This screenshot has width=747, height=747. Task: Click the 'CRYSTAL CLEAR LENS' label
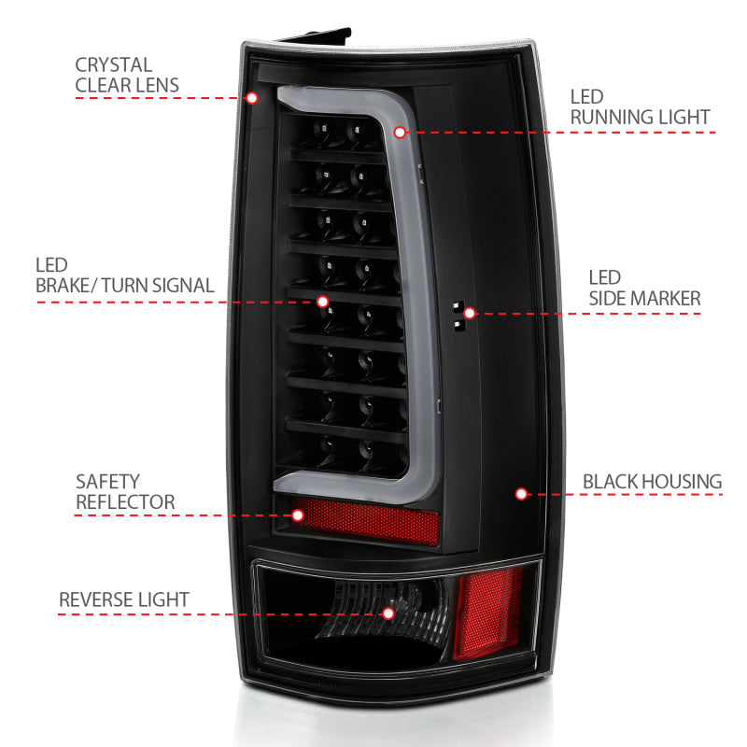[x=126, y=76]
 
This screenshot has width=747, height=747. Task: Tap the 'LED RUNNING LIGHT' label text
[x=640, y=106]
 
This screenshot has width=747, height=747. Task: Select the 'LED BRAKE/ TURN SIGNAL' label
[x=125, y=275]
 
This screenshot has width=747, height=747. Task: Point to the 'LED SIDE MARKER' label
[x=643, y=288]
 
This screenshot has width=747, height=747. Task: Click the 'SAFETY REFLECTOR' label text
[x=124, y=491]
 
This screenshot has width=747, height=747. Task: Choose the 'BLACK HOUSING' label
[x=652, y=482]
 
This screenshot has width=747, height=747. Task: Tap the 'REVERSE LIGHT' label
[x=124, y=599]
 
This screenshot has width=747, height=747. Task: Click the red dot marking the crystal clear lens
[x=251, y=97]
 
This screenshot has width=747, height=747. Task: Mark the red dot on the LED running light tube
[x=401, y=133]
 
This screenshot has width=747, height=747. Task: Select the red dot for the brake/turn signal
[x=323, y=302]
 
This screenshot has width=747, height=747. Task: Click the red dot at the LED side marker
[x=470, y=313]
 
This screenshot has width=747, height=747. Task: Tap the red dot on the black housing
[x=521, y=493]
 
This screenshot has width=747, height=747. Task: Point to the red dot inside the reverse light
[x=389, y=613]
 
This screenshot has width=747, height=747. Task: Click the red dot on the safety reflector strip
[x=299, y=514]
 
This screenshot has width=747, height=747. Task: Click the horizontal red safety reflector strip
[x=373, y=518]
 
